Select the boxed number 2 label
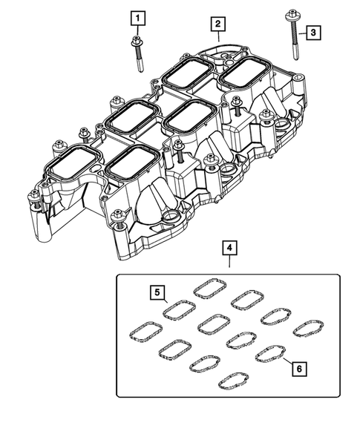pyautogui.click(x=217, y=25)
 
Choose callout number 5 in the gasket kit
pyautogui.click(x=157, y=292)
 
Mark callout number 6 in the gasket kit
pyautogui.click(x=298, y=367)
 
